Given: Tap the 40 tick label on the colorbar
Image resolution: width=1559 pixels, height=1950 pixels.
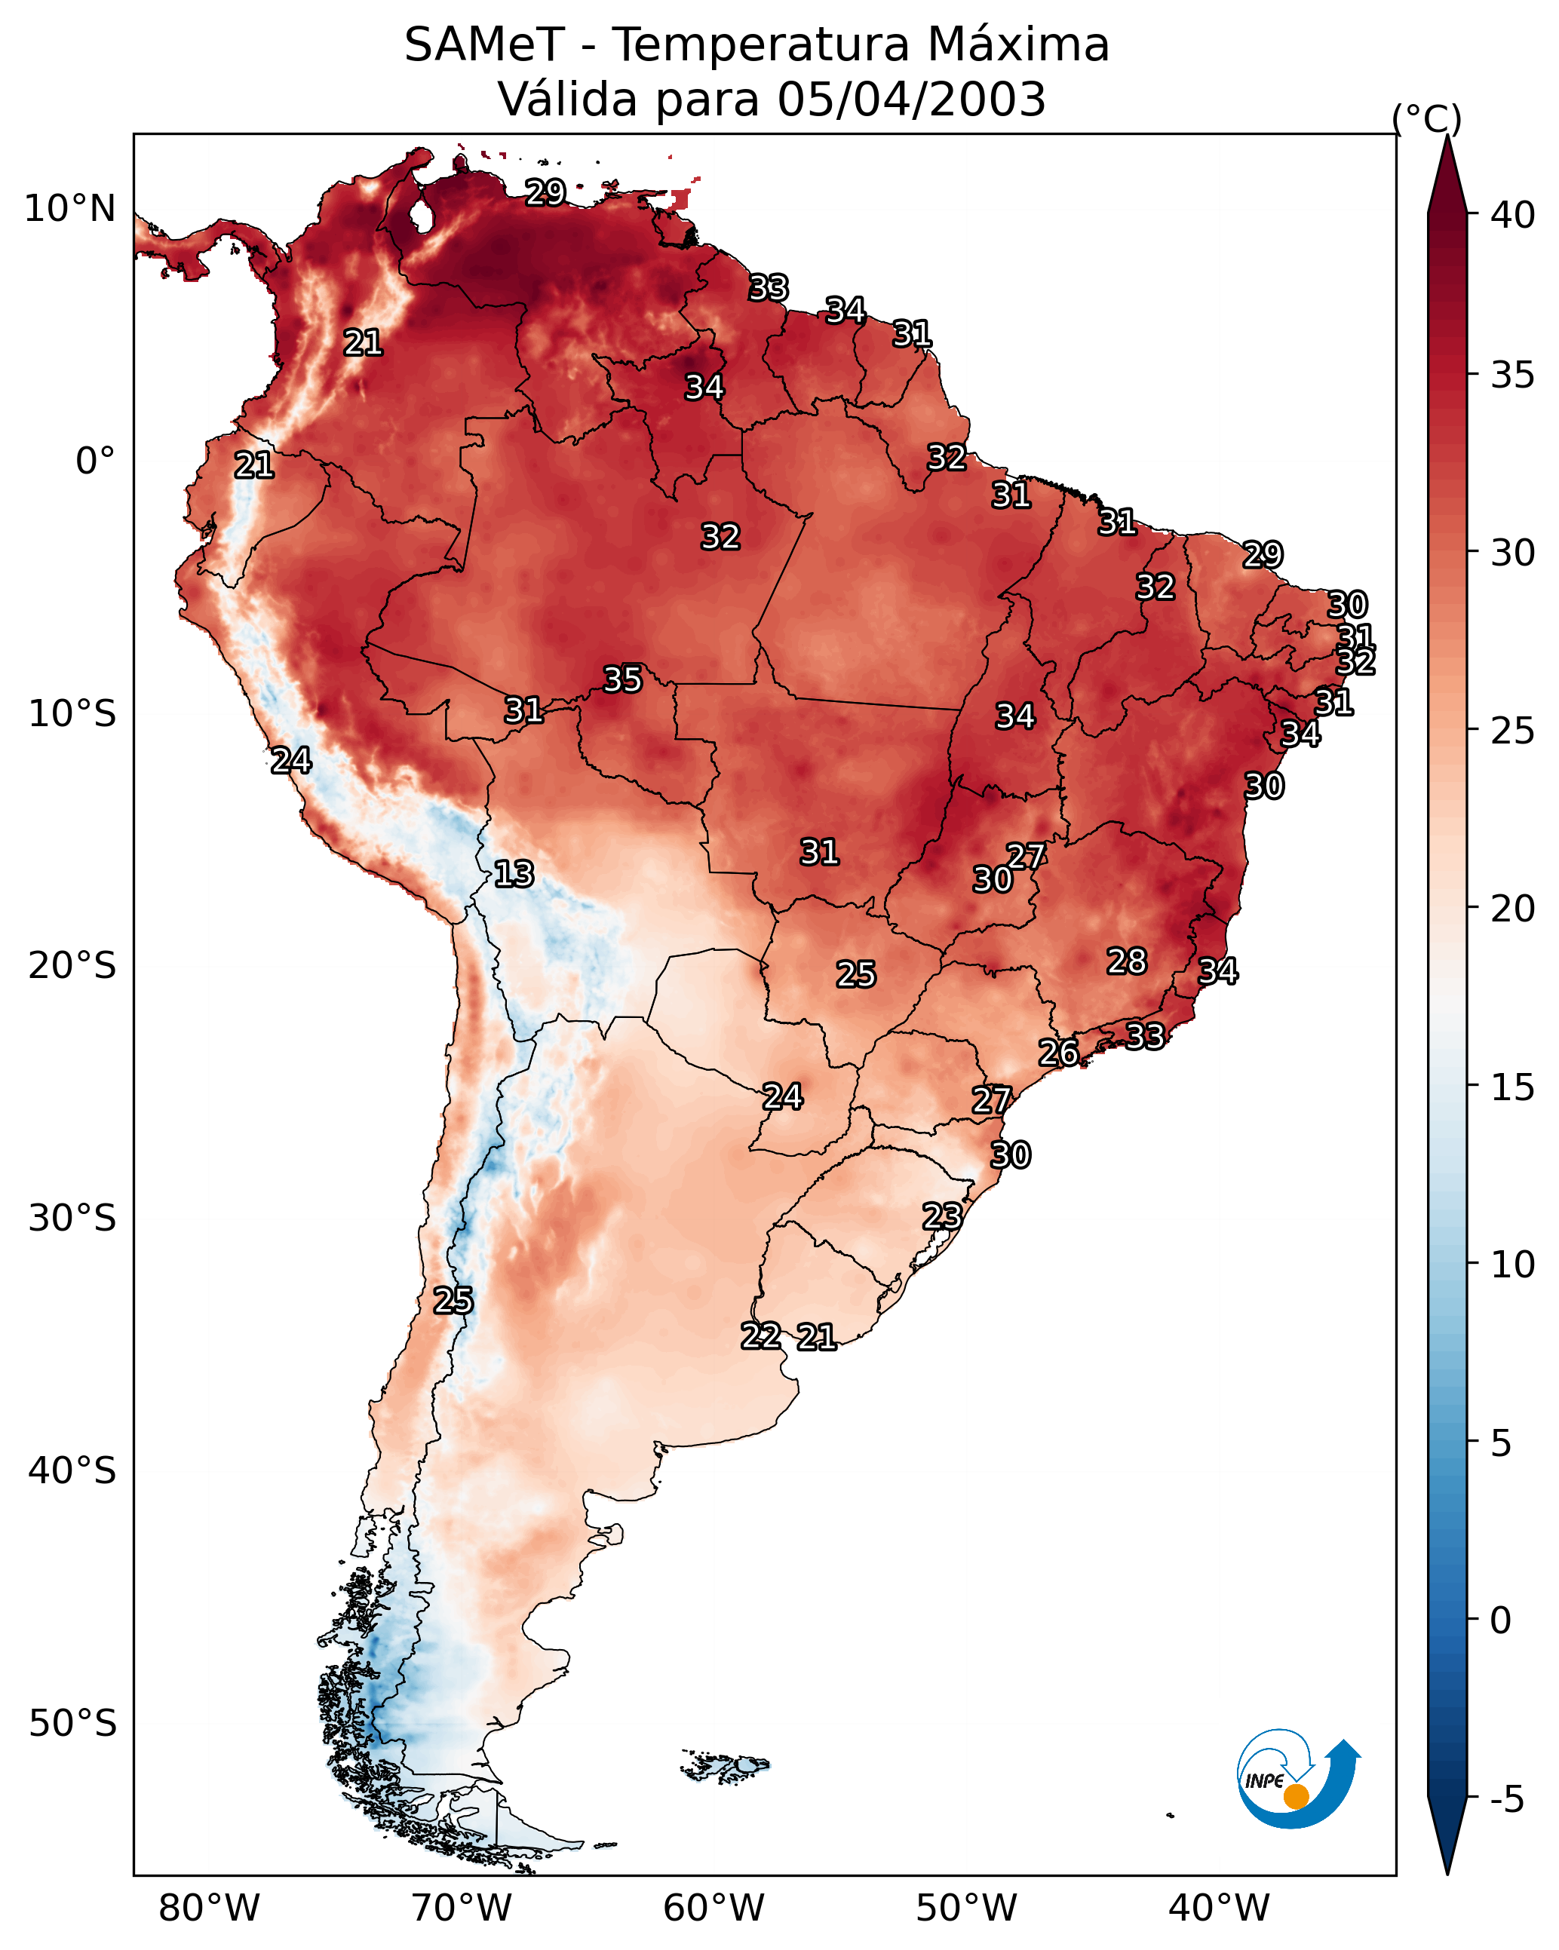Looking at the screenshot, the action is (x=1512, y=215).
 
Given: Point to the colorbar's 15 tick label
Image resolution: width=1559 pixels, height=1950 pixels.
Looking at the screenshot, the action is (x=1512, y=1087).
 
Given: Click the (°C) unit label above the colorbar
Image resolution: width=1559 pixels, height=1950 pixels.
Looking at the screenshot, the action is (x=1426, y=118).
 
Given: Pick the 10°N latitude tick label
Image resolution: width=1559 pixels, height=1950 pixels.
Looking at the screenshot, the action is (x=69, y=209).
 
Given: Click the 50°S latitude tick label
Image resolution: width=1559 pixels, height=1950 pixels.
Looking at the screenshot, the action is (x=72, y=1724).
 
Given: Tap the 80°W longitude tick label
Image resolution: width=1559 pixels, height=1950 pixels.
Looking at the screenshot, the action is (x=209, y=1908).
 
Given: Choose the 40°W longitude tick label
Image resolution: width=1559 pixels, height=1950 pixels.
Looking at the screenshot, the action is (x=1219, y=1908).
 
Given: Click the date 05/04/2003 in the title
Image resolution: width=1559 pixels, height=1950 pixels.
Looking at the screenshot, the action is (x=911, y=100).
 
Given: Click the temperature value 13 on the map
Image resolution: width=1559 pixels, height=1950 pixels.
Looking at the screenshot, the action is (x=514, y=874).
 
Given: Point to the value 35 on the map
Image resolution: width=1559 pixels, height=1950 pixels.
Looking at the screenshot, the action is (x=622, y=679).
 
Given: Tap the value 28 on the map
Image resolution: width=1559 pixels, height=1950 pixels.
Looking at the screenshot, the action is (x=1127, y=961).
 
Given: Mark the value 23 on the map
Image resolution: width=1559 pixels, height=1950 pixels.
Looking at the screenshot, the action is (x=942, y=1216).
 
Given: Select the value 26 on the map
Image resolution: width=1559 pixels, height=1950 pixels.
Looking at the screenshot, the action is (x=1057, y=1052).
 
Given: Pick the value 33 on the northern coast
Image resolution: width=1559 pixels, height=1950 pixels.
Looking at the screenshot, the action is (x=769, y=287).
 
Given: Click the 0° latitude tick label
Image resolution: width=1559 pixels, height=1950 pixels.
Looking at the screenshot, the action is (x=96, y=461).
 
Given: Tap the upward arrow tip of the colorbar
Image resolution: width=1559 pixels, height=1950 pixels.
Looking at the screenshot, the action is (x=1447, y=136).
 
